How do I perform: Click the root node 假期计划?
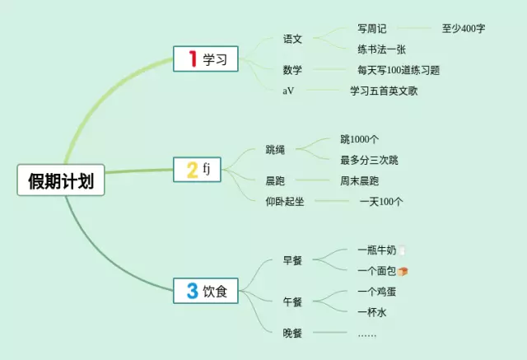62,181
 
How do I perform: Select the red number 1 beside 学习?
193,58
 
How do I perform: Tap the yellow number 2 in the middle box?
192,171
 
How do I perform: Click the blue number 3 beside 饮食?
192,290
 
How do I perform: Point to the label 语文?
292,39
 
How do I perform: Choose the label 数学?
292,71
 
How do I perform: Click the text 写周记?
372,28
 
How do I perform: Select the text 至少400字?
464,28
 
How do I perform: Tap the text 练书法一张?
381,49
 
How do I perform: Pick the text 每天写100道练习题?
399,71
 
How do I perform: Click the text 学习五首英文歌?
384,91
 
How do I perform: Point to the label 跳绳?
275,149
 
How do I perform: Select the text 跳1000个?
360,139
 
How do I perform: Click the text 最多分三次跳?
369,160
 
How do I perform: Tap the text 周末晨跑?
360,180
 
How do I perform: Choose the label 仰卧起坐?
285,201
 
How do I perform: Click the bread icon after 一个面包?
403,271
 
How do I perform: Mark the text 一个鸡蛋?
378,292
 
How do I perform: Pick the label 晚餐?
292,333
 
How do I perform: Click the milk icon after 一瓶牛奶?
403,250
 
